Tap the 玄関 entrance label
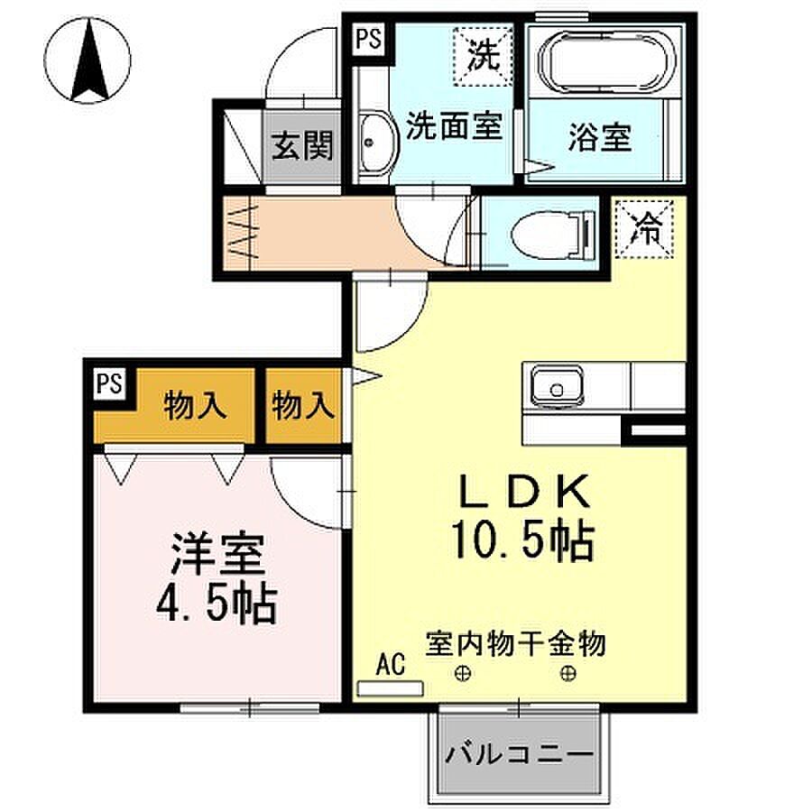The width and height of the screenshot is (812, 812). (x=303, y=144)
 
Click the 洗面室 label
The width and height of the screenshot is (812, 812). (x=452, y=126)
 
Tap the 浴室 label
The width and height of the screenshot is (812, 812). (x=599, y=138)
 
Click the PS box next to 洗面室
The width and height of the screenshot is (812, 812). (x=368, y=40)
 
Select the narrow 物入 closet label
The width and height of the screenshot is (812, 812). (x=303, y=405)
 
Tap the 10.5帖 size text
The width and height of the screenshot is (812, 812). (x=521, y=541)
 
